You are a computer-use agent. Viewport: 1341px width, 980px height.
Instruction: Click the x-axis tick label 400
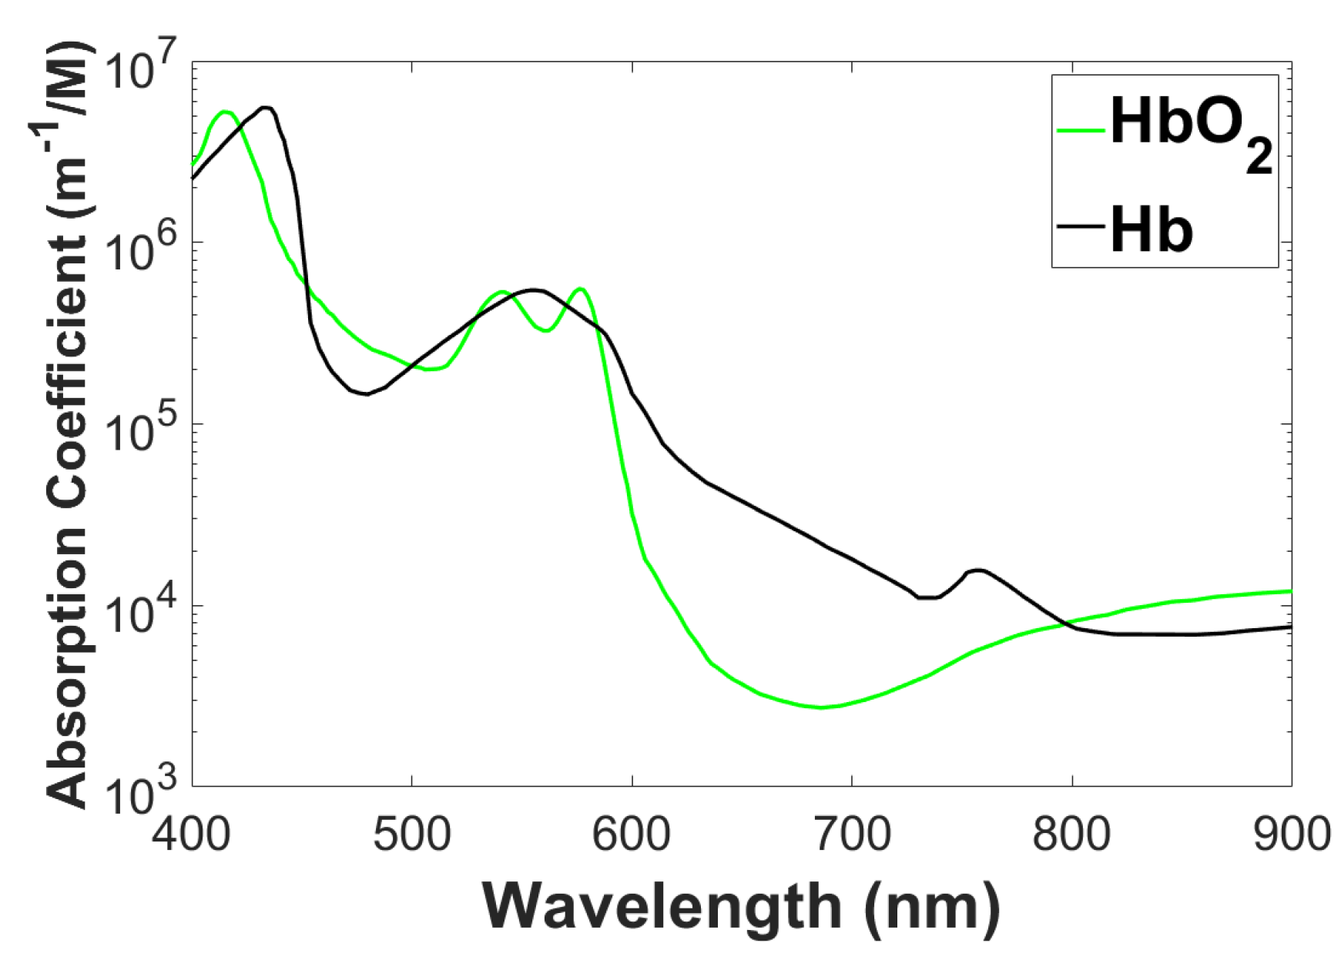tap(191, 835)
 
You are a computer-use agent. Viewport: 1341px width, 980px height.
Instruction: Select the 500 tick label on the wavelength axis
tap(412, 835)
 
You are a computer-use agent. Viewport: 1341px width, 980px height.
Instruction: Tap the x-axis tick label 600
tap(632, 835)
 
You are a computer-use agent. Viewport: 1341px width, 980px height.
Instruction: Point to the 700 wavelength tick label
tap(852, 835)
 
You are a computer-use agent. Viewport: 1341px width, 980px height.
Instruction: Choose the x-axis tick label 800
tap(1071, 835)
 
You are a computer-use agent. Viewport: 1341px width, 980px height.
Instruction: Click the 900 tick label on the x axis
tap(1291, 835)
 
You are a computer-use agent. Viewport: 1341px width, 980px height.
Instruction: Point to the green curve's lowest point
tap(823, 707)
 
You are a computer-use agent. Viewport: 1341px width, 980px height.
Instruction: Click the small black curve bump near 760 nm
tap(977, 570)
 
